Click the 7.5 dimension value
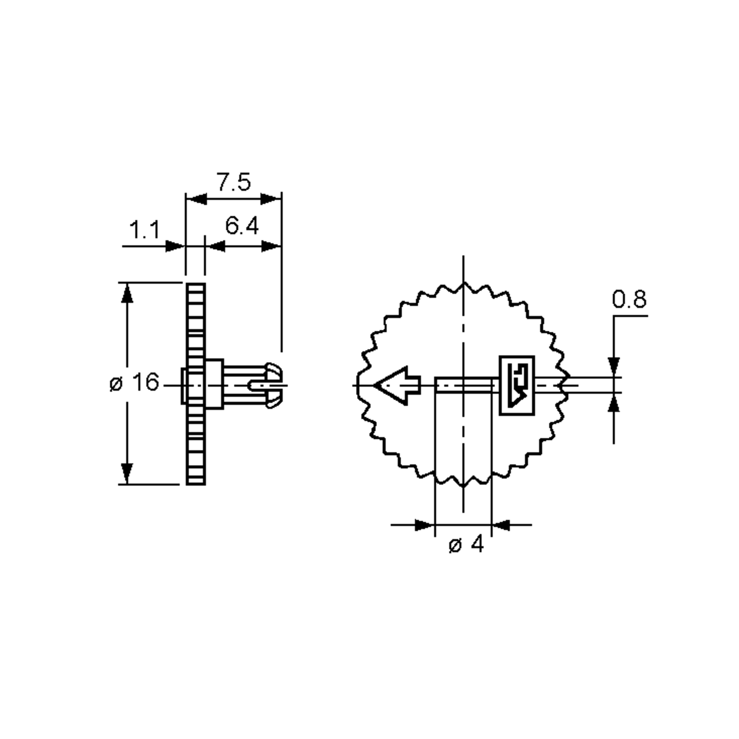(234, 182)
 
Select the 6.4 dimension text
(242, 226)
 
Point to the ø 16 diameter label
(134, 382)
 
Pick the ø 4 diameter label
(466, 545)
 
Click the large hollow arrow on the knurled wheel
(396, 385)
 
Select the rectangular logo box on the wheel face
(517, 385)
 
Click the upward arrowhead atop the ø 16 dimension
(127, 294)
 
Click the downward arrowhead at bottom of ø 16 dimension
(127, 474)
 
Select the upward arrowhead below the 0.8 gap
(614, 403)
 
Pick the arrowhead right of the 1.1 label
(175, 246)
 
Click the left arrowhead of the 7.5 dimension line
(196, 199)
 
